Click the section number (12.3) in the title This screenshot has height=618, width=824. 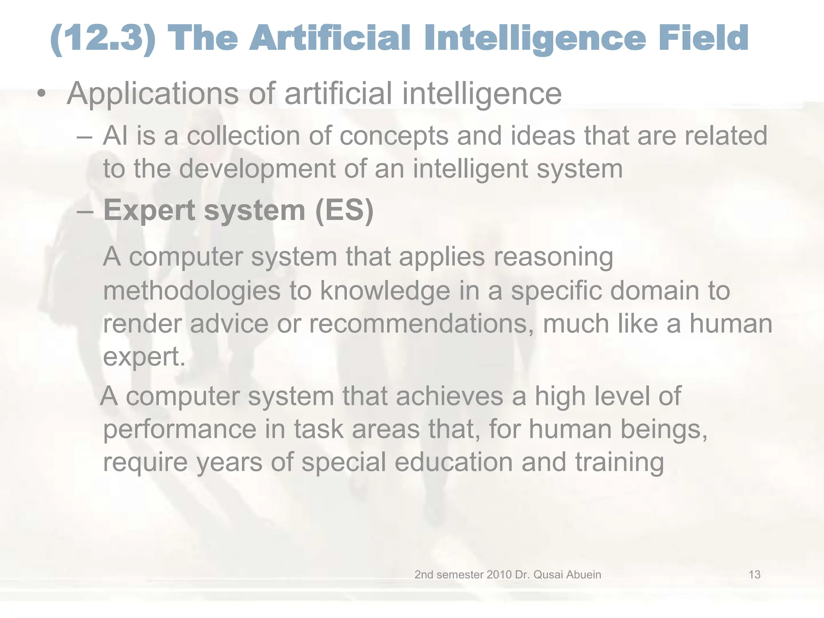coord(103,39)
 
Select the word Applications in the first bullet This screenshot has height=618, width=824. coord(153,94)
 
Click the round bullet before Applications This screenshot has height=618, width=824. coord(41,94)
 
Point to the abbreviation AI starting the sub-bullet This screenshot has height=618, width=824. coord(115,136)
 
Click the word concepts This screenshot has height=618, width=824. coord(394,136)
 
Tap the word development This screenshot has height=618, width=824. coord(257,169)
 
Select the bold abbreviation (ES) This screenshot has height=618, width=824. coord(344,210)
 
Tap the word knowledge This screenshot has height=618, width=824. coord(385,291)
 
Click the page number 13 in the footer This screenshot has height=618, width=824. coord(754,575)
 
